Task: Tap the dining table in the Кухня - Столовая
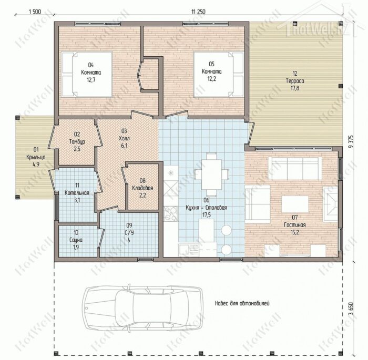211,175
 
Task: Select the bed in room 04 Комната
87,75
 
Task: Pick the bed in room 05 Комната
219,75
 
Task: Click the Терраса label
295,81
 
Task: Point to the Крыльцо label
36,157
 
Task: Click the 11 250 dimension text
198,12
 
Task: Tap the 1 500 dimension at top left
35,12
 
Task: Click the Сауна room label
76,240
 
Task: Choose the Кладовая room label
142,188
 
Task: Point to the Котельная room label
77,193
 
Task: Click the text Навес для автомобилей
242,303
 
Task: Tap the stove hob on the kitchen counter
171,213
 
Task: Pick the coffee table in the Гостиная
295,204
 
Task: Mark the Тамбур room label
77,142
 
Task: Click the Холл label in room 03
124,138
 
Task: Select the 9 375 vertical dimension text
351,142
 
